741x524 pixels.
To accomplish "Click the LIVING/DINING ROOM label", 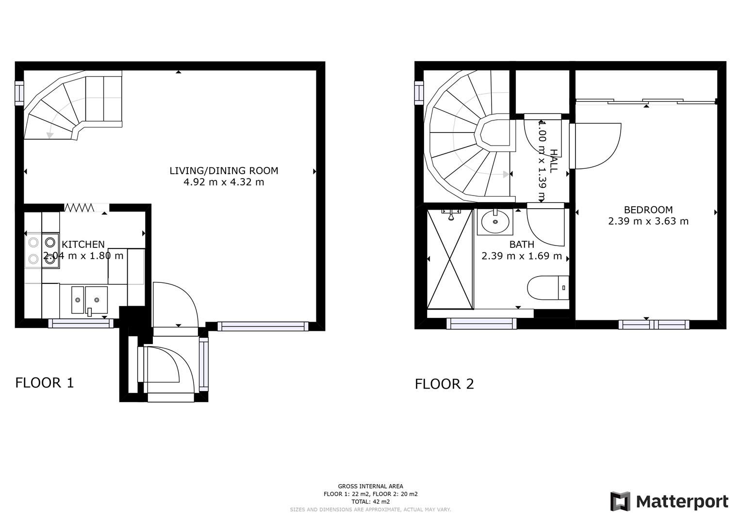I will pyautogui.click(x=224, y=171).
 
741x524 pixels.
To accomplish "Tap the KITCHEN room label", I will pyautogui.click(x=83, y=245).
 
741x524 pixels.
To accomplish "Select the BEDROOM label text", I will pyautogui.click(x=648, y=210).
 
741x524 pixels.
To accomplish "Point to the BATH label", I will pyautogui.click(x=522, y=245).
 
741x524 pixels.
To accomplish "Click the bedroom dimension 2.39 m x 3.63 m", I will pyautogui.click(x=648, y=221).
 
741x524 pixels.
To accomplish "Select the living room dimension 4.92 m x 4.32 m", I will pyautogui.click(x=224, y=182).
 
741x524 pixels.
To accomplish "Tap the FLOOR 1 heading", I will pyautogui.click(x=45, y=383).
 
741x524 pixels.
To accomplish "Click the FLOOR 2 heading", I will pyautogui.click(x=444, y=384).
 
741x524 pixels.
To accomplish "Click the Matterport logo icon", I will pyautogui.click(x=620, y=501).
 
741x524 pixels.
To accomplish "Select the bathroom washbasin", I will pyautogui.click(x=495, y=222).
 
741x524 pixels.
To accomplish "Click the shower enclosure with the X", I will pyautogui.click(x=450, y=259).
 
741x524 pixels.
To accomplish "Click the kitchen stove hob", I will pyautogui.click(x=42, y=250).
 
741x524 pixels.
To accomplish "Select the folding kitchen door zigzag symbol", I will pyautogui.click(x=79, y=208).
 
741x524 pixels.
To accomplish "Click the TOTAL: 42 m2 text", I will pyautogui.click(x=370, y=502).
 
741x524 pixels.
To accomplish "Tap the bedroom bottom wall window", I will pyautogui.click(x=653, y=325).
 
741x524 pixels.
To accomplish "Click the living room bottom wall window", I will pyautogui.click(x=263, y=327).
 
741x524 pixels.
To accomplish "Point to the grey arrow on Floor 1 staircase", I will pyautogui.click(x=49, y=134).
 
